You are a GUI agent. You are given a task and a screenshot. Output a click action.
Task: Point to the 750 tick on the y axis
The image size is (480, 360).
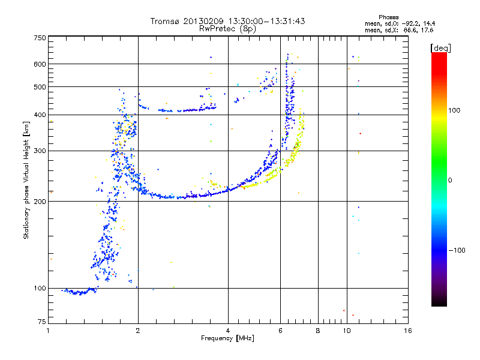40,37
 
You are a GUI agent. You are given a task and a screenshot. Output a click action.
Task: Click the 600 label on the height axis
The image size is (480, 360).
40,64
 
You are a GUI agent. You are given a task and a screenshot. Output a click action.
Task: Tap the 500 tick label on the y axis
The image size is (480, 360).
40,86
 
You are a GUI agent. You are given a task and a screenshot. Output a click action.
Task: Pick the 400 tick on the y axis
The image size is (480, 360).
40,115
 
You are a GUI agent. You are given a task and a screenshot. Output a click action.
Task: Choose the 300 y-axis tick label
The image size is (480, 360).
40,151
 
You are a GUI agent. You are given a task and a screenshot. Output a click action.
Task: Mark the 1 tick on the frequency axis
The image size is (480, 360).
48,331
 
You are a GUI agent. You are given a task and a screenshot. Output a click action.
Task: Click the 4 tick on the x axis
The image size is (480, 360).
228,331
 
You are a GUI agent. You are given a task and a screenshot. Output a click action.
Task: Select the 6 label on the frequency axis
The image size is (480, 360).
280,331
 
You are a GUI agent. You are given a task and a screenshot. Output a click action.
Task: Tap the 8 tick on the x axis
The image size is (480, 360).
318,331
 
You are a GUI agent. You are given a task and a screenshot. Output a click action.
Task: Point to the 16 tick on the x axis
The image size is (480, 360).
408,331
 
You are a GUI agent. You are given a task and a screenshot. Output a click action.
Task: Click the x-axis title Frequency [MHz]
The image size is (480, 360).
227,338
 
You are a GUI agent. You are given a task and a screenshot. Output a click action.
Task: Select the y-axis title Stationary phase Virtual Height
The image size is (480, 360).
26,180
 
